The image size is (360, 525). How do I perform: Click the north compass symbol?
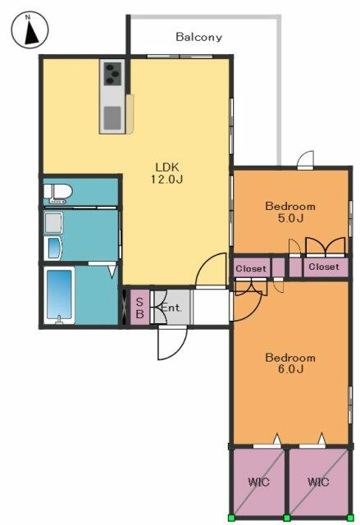click(30, 30)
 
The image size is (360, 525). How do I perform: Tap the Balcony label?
click(198, 37)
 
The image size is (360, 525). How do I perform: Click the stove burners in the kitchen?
click(112, 74)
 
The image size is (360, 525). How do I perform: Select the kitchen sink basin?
click(112, 117)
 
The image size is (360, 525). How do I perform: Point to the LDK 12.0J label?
click(167, 173)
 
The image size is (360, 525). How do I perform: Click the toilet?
click(58, 194)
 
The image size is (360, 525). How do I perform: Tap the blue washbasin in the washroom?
click(53, 248)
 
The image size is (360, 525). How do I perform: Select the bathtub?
click(59, 295)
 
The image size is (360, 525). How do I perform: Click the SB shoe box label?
click(139, 308)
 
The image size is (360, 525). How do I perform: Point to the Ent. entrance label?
click(171, 308)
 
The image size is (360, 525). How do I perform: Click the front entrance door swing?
click(172, 343)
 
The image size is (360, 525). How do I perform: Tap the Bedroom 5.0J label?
click(290, 212)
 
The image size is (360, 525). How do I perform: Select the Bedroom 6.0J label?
click(290, 363)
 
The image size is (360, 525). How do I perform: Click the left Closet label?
click(251, 268)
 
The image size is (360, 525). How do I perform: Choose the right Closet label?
click(324, 267)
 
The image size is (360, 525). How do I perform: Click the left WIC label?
click(258, 482)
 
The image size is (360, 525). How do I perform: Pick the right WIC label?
click(318, 482)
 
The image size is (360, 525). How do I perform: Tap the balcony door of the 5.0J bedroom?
click(305, 160)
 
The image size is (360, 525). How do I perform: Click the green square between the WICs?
click(287, 518)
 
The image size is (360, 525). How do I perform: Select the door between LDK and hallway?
click(211, 271)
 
